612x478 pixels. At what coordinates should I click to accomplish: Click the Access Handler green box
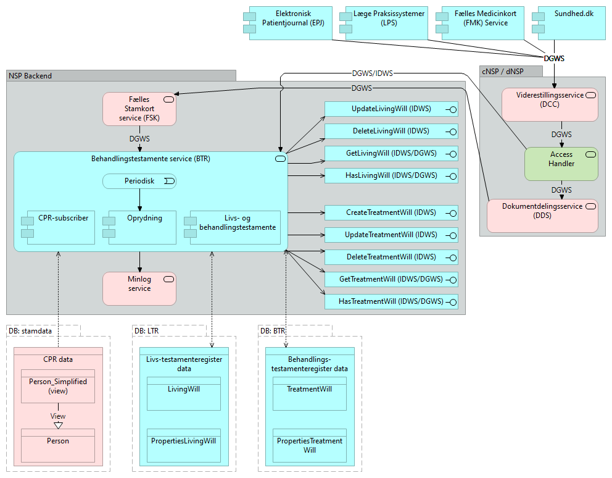point(561,164)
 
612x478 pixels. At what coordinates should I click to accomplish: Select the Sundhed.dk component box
point(571,23)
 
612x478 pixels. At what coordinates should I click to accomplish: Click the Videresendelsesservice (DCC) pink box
point(550,104)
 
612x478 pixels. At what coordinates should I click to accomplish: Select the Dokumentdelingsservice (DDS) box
point(542,216)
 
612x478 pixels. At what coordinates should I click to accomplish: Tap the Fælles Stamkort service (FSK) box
point(139,109)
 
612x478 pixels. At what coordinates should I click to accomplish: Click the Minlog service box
point(139,288)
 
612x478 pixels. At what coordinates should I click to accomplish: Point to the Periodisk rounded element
point(139,181)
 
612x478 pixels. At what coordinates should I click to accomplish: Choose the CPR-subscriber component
point(58,228)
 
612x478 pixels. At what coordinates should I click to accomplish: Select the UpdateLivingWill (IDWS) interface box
point(391,109)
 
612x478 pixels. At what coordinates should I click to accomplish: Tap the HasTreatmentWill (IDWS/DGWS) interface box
point(391,302)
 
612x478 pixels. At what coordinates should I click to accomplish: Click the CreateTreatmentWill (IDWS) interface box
point(391,213)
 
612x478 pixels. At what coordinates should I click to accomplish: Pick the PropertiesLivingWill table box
point(184,445)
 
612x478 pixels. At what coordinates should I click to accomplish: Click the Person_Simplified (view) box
point(58,386)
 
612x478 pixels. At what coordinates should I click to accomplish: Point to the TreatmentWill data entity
point(310,393)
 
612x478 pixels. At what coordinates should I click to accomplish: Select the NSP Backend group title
point(30,76)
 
